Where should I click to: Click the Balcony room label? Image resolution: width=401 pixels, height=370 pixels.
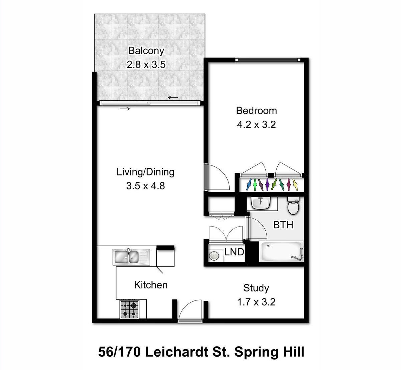(146, 51)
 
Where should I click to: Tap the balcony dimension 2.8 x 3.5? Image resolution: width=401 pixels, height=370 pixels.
(146, 65)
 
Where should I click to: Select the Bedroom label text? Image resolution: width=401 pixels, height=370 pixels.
(256, 111)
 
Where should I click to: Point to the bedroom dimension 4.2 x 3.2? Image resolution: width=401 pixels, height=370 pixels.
(256, 125)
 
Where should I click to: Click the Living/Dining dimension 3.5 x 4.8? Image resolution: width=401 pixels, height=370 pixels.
(146, 186)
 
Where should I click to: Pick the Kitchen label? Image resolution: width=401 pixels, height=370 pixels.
(151, 285)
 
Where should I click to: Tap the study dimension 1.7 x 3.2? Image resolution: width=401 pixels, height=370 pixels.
(256, 302)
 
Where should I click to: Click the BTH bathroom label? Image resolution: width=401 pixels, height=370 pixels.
(283, 225)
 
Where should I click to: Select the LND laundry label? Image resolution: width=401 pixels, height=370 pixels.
(234, 252)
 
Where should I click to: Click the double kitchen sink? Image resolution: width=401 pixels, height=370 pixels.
(131, 257)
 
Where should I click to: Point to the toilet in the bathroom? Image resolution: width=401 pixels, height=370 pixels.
(293, 206)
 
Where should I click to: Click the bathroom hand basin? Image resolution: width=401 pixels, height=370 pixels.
(260, 203)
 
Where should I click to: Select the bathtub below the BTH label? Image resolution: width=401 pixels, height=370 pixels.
(281, 251)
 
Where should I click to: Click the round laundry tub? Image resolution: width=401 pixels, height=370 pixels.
(214, 256)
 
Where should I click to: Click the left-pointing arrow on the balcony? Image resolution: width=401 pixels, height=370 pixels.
(173, 98)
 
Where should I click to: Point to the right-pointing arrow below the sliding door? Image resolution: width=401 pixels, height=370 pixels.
(125, 109)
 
